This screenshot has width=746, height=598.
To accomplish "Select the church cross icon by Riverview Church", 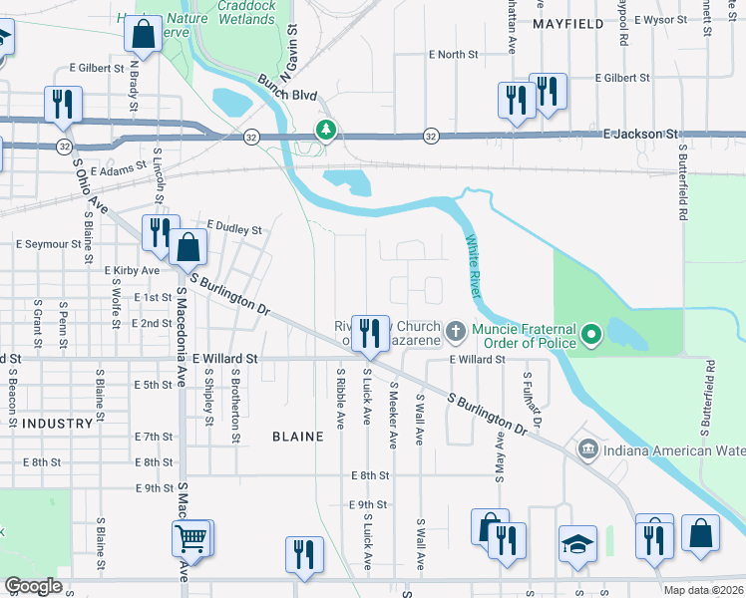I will click(x=456, y=329).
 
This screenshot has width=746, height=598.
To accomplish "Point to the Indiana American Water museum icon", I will click(x=587, y=450).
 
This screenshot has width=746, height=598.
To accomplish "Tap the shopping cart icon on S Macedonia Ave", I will click(x=189, y=539).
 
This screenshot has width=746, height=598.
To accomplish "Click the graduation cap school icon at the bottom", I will click(x=577, y=544).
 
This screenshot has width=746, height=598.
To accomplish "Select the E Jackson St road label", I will click(x=640, y=133).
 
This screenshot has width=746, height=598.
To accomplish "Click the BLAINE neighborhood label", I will click(x=297, y=437).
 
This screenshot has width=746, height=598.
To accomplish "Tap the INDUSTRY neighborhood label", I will click(x=57, y=424).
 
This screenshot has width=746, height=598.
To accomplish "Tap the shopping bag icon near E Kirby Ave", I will click(x=187, y=246).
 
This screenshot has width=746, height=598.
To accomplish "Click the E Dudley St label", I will click(x=233, y=228).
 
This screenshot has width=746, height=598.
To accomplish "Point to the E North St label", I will click(x=454, y=55).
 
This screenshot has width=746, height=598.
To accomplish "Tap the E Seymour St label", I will click(x=48, y=244).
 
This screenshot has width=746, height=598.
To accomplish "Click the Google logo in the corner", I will click(x=33, y=586).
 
